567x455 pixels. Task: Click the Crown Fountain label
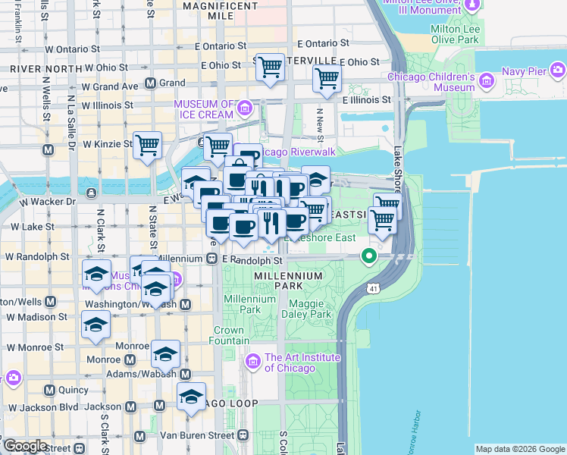click(x=228, y=335)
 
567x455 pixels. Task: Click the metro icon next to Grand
click(x=150, y=83)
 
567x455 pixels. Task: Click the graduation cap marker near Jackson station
click(x=191, y=396)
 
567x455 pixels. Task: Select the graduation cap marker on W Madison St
click(x=96, y=325)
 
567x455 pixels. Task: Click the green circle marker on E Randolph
click(x=369, y=256)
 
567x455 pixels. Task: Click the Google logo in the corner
click(x=25, y=446)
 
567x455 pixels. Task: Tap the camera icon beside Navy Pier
click(x=558, y=71)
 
